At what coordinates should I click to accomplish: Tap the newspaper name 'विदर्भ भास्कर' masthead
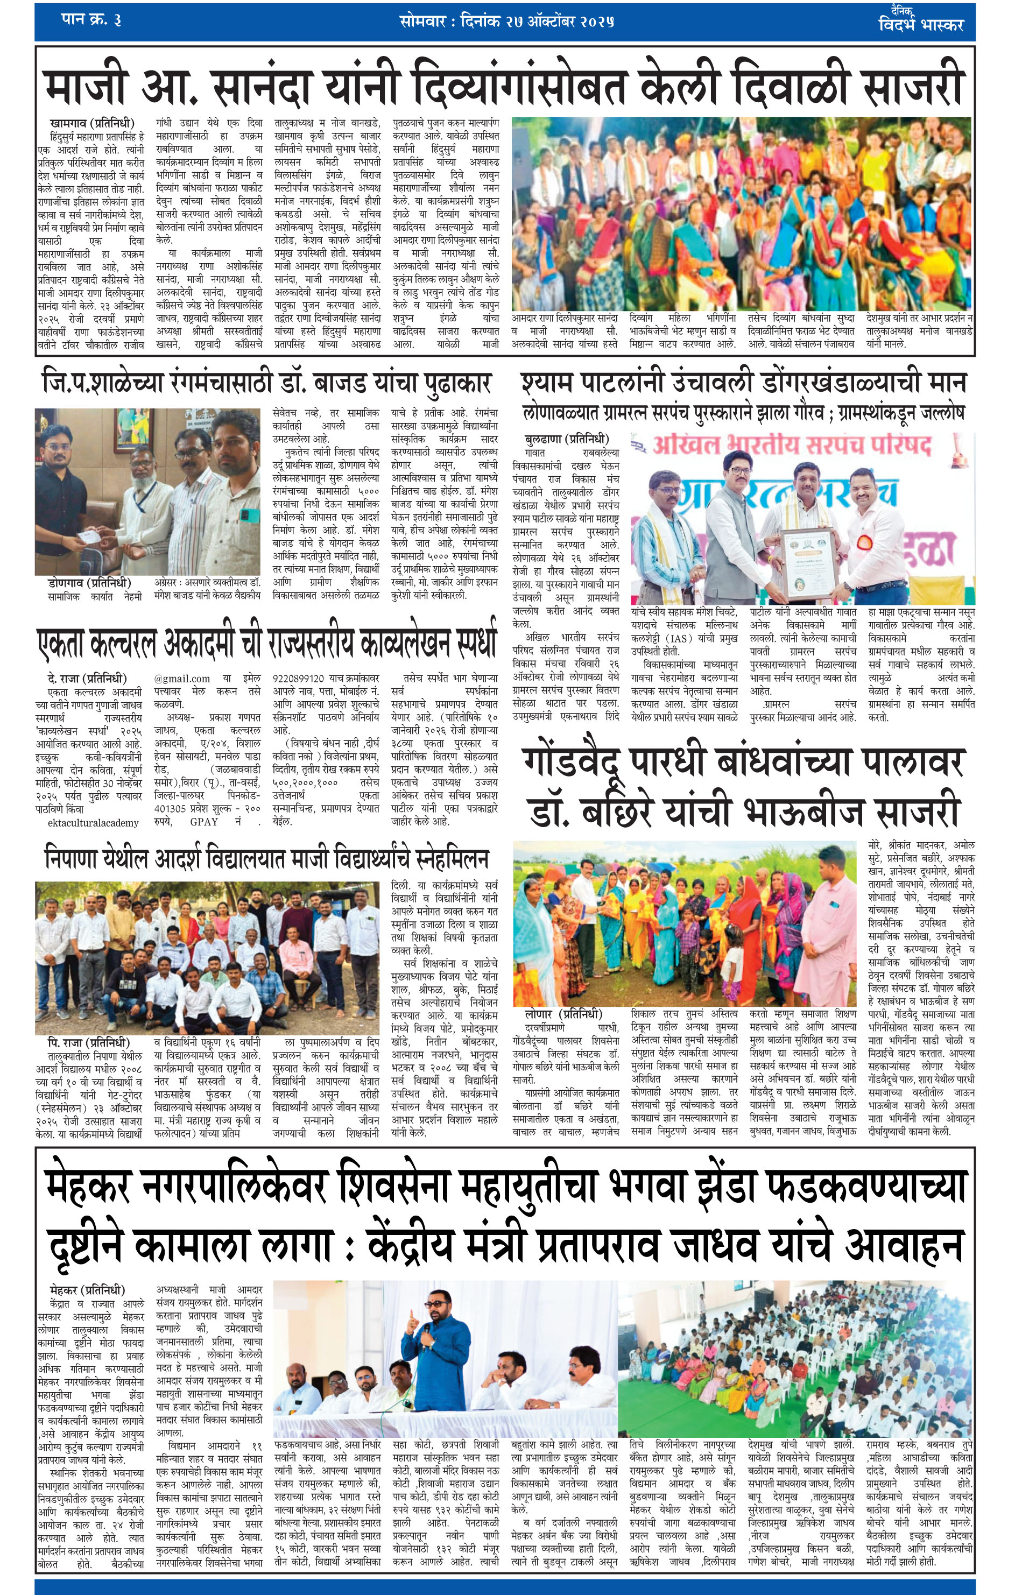coord(920,25)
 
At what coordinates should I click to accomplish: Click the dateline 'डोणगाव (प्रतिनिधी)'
coord(89,583)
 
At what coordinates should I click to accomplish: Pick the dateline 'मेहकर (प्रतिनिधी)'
coord(87,1290)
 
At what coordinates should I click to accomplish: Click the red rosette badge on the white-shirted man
coord(865,541)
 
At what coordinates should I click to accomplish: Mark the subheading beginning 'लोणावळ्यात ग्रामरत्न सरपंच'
coord(742,412)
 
